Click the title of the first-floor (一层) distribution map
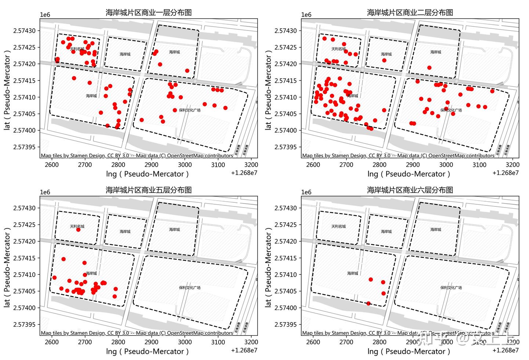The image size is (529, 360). (x=148, y=12)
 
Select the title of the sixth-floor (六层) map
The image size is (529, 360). (x=410, y=190)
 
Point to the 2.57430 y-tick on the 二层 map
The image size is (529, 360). (x=287, y=31)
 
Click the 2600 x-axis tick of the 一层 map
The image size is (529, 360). (x=52, y=165)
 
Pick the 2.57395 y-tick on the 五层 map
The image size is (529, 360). (x=25, y=324)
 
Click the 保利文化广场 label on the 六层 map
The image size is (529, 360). (x=451, y=288)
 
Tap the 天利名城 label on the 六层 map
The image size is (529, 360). (x=338, y=226)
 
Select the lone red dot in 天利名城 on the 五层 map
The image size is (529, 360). (x=78, y=230)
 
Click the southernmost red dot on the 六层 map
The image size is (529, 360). (x=368, y=303)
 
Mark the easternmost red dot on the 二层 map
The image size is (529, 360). (x=492, y=91)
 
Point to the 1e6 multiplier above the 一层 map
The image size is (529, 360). (x=45, y=15)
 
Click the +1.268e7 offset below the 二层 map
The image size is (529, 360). (x=505, y=173)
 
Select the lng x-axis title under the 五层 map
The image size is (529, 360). (x=147, y=352)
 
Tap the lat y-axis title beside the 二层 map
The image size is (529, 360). (x=268, y=89)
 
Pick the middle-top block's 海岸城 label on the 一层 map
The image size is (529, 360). (x=125, y=54)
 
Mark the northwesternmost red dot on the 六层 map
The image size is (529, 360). (x=371, y=280)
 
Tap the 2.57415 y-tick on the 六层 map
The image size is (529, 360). (x=287, y=258)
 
